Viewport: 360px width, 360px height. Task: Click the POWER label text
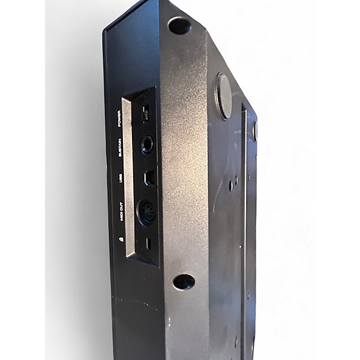(x=119, y=119)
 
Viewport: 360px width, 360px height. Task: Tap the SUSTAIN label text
(x=119, y=148)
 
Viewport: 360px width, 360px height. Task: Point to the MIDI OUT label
(x=121, y=212)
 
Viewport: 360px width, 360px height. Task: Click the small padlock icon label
(x=121, y=239)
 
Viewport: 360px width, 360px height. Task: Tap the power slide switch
(x=145, y=113)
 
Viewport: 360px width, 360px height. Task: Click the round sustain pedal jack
(x=147, y=145)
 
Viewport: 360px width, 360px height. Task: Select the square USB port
(x=148, y=177)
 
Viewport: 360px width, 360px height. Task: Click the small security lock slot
(x=149, y=244)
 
